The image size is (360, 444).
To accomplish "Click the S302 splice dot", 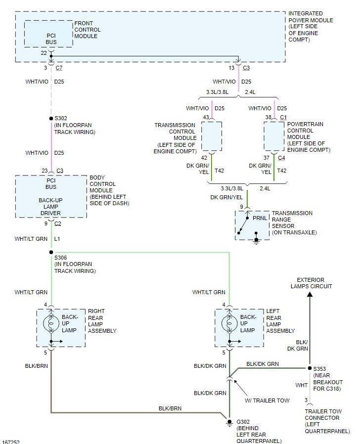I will [x=51, y=119].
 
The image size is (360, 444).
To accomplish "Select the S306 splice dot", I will [x=51, y=252].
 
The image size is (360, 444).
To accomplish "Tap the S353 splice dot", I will [x=310, y=368].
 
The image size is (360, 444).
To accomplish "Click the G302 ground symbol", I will [x=229, y=423].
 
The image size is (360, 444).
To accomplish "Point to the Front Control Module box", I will [x=48, y=34].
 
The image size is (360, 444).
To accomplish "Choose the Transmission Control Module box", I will [x=211, y=136].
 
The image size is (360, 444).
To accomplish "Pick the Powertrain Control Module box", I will [x=274, y=136].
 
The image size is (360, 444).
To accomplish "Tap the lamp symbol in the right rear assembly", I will [x=51, y=324].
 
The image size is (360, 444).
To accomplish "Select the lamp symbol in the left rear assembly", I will [x=229, y=324].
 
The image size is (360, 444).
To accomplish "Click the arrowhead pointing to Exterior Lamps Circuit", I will [x=310, y=295].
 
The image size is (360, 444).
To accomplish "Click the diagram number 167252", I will [x=11, y=441].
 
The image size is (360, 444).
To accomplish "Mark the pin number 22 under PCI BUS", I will [x=44, y=52].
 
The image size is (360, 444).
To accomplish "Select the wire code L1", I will [x=57, y=239].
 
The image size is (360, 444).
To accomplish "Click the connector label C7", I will [x=59, y=68].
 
